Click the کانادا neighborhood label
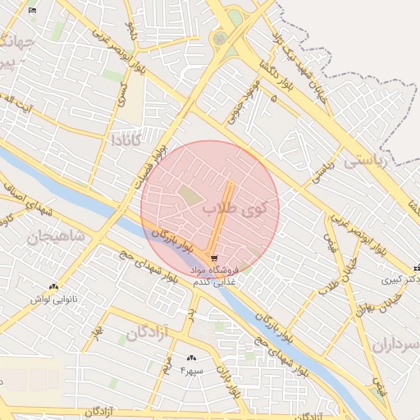point(130,139)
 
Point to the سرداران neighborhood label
point(395,344)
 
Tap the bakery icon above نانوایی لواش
point(54,287)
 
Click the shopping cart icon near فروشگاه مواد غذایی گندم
point(214,258)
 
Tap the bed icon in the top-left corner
point(32,11)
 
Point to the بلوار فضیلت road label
point(156,164)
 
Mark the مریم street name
point(167,366)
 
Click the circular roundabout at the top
point(219,38)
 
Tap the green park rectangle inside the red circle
point(189,196)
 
